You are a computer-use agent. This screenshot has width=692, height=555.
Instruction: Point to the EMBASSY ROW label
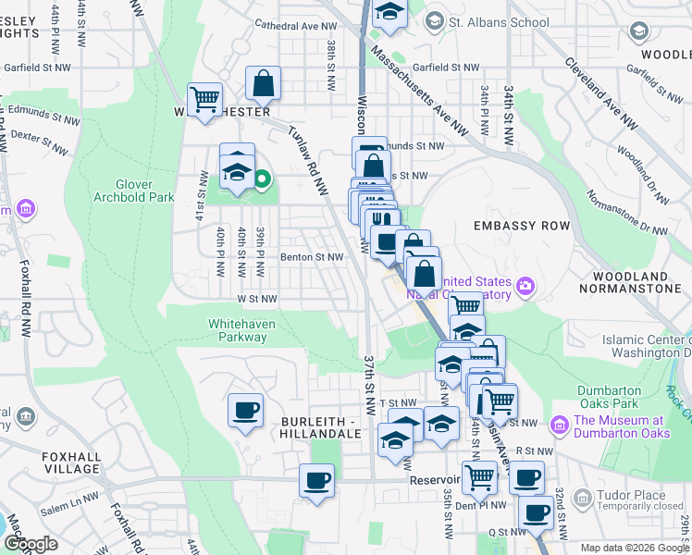coord(517,226)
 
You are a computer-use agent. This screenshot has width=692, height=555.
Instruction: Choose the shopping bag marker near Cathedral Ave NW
coord(264,83)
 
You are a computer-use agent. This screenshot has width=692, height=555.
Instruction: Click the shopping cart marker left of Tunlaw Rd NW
coord(204,99)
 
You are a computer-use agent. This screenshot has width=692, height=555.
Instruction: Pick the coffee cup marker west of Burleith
coord(245,410)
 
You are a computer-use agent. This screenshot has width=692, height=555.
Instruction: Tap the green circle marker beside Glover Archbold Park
coord(262,179)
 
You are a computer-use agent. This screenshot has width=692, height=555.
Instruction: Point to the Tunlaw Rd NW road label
coord(308,159)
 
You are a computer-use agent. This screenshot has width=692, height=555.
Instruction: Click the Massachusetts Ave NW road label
coord(421,92)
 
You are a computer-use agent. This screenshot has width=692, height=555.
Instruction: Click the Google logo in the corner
coord(31,543)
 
